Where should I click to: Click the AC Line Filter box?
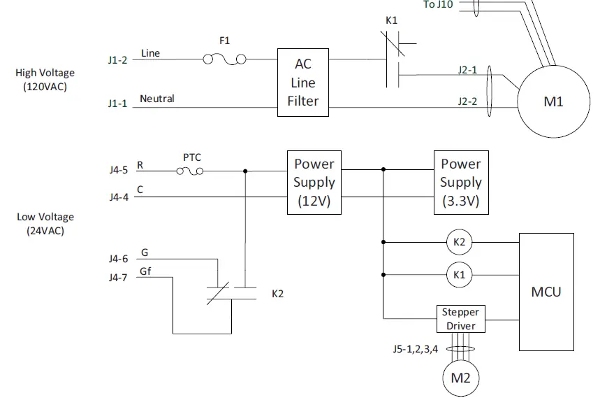click(302, 83)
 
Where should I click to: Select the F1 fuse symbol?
click(224, 59)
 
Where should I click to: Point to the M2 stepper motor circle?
click(460, 378)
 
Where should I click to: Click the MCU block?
click(546, 292)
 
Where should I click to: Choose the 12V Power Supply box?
click(314, 183)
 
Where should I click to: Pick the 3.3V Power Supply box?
click(460, 183)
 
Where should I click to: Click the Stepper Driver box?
click(460, 319)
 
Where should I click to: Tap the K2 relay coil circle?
click(459, 243)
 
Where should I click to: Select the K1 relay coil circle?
click(459, 275)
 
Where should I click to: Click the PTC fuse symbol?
click(192, 170)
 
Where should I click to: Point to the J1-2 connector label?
click(117, 60)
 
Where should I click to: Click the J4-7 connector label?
click(117, 277)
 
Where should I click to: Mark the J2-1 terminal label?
click(467, 70)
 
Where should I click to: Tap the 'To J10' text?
click(438, 5)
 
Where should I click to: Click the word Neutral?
click(157, 99)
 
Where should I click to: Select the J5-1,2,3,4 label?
click(415, 348)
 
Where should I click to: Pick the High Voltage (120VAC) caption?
click(45, 80)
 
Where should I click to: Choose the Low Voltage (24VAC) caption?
click(45, 224)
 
